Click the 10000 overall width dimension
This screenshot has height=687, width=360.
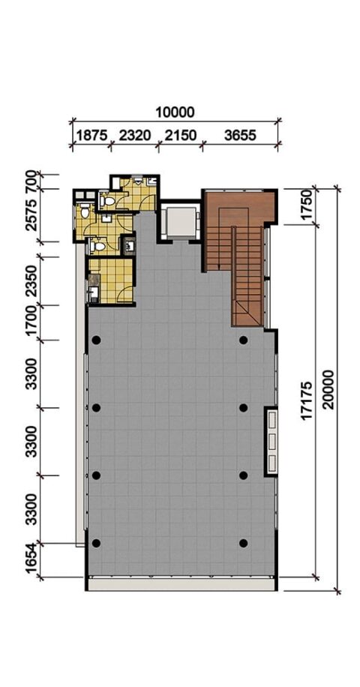175,112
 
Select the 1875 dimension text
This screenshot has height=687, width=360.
91,136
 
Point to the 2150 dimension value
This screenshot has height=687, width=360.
181,136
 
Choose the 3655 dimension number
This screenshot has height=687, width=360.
239,136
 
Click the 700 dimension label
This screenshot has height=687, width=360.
31,181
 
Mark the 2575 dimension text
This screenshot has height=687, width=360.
31,214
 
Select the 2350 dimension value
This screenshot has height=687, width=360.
31,280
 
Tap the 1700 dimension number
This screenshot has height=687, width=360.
31,322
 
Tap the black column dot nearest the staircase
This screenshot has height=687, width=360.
244,340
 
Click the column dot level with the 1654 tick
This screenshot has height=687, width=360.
96,543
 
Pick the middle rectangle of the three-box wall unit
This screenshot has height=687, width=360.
272,441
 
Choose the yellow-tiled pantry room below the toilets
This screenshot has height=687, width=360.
111,280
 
